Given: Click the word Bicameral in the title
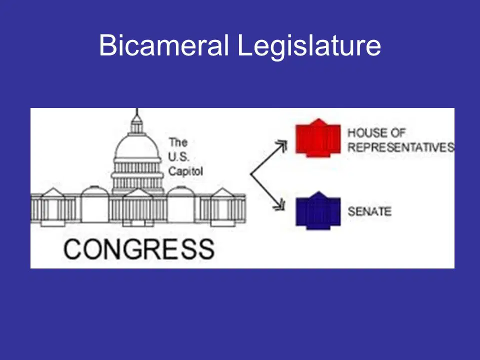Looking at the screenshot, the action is pyautogui.click(x=164, y=45).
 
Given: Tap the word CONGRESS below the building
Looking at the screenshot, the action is pyautogui.click(x=139, y=249).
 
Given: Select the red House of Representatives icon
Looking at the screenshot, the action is pyautogui.click(x=318, y=138).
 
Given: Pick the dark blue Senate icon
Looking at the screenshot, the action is pyautogui.click(x=318, y=210).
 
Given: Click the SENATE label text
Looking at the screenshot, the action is pyautogui.click(x=369, y=211).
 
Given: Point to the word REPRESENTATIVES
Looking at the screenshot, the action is pyautogui.click(x=401, y=147).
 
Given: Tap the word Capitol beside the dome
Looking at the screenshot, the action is pyautogui.click(x=185, y=171).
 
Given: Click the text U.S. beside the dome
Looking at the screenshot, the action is pyautogui.click(x=179, y=156).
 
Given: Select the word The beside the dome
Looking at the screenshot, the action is pyautogui.click(x=178, y=142).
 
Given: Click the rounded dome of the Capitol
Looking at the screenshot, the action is pyautogui.click(x=137, y=146).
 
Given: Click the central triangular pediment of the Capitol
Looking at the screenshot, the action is pyautogui.click(x=137, y=193).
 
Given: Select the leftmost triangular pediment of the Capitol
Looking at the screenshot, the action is pyautogui.click(x=53, y=192).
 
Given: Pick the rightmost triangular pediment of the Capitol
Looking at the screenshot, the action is pyautogui.click(x=223, y=192).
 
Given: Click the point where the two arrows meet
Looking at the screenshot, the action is pyautogui.click(x=250, y=174).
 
